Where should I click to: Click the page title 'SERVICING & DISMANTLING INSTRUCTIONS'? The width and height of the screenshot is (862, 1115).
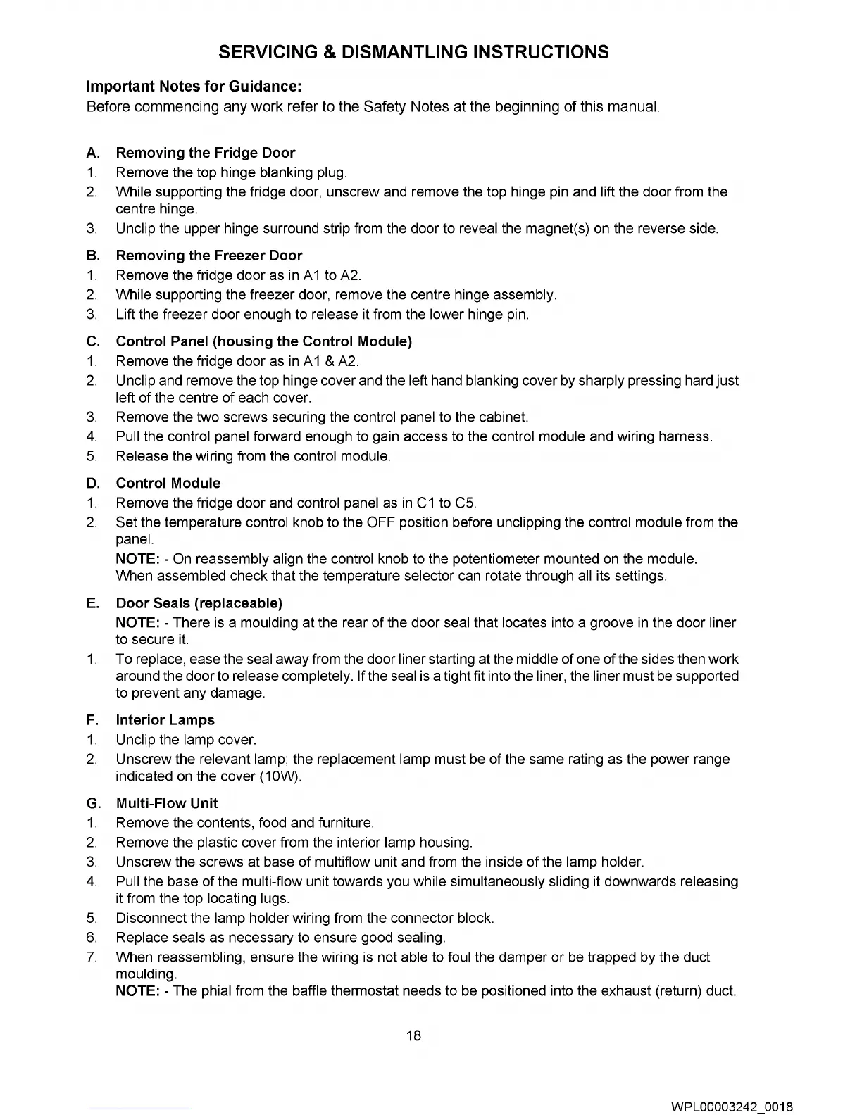(x=413, y=52)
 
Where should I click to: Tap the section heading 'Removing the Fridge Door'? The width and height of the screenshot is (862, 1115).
(x=205, y=153)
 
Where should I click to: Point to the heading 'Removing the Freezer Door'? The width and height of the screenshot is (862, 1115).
(x=208, y=256)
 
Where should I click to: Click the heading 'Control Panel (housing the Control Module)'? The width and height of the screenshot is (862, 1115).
(x=263, y=341)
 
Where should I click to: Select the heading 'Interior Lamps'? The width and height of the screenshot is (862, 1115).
(x=165, y=720)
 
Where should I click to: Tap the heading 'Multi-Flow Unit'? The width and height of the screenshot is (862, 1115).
(x=166, y=803)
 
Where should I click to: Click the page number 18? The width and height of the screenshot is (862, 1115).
(x=414, y=1035)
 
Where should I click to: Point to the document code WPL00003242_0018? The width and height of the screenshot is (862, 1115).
(x=732, y=1106)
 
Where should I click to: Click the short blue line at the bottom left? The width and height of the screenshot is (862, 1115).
(x=140, y=1110)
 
